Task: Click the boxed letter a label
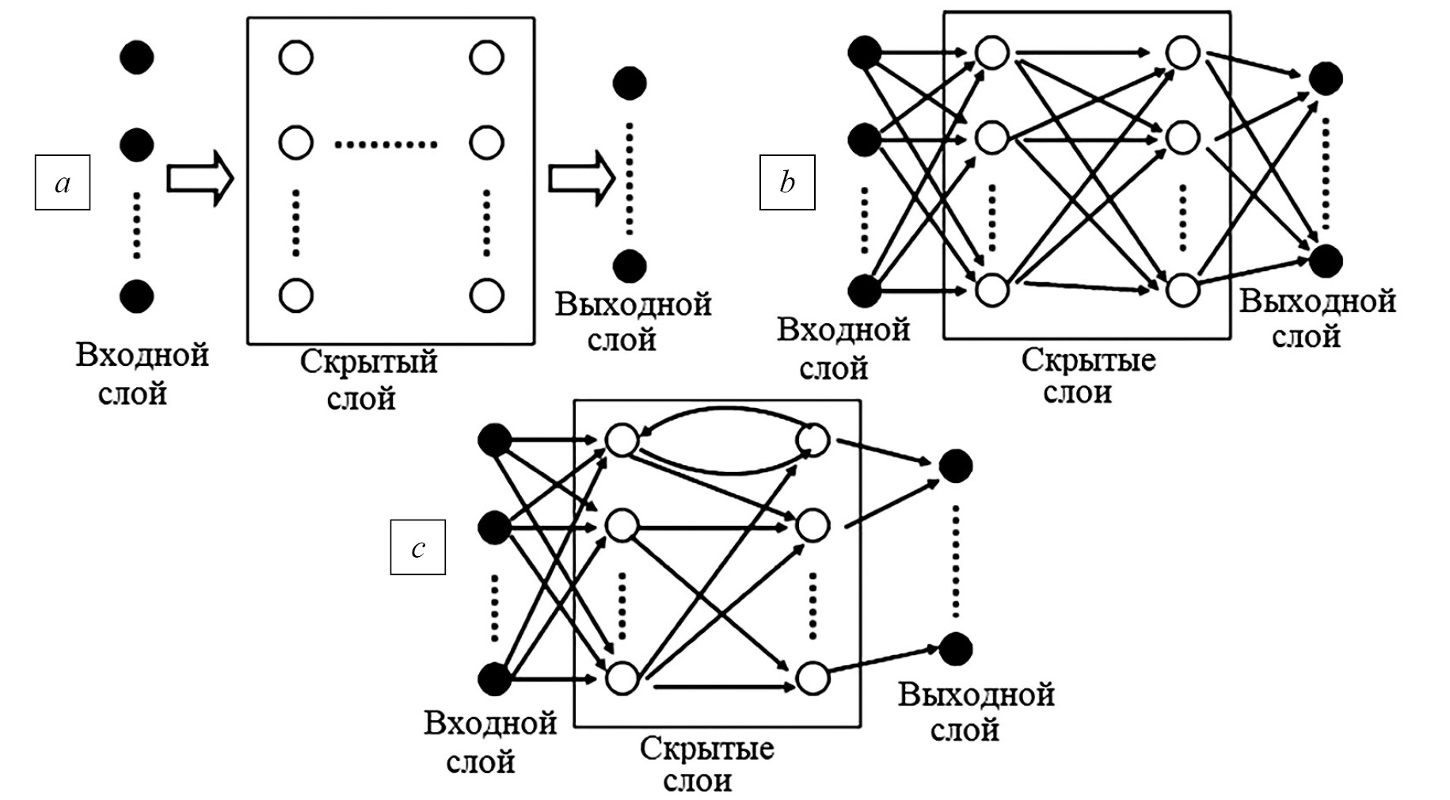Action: (x=63, y=183)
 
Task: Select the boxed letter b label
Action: (x=787, y=183)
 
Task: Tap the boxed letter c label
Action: (x=418, y=547)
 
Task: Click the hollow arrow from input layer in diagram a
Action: (x=200, y=179)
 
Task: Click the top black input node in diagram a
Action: (x=137, y=58)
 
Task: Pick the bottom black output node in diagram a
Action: (x=630, y=266)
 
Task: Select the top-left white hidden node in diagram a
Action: (x=296, y=58)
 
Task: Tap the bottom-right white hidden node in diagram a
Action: (x=486, y=295)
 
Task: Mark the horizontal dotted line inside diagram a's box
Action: (x=386, y=144)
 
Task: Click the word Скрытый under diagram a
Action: (x=368, y=363)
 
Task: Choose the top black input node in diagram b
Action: (x=864, y=53)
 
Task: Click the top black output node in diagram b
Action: (x=1326, y=78)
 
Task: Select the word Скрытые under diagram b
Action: (x=1088, y=360)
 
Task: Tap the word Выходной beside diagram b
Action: (x=1317, y=302)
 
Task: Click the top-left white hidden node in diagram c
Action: (x=622, y=440)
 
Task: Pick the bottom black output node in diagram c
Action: (x=956, y=650)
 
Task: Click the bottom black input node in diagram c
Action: (x=495, y=680)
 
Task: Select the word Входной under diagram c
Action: (x=490, y=724)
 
